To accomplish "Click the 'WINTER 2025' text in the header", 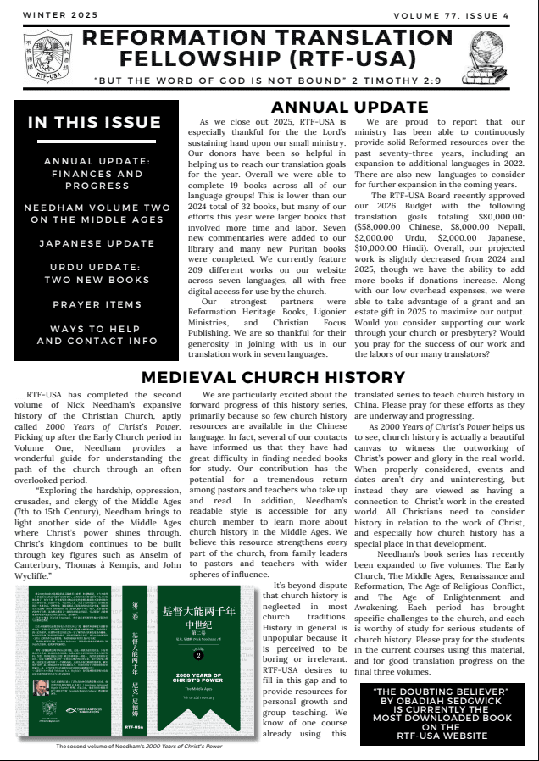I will click(60, 15).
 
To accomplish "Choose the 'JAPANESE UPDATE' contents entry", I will click(97, 243).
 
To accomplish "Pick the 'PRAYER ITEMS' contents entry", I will click(97, 304).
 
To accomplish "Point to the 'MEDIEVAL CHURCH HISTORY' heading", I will click(269, 377).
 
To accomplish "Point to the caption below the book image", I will click(140, 746).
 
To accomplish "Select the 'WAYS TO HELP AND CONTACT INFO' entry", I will click(97, 335).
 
